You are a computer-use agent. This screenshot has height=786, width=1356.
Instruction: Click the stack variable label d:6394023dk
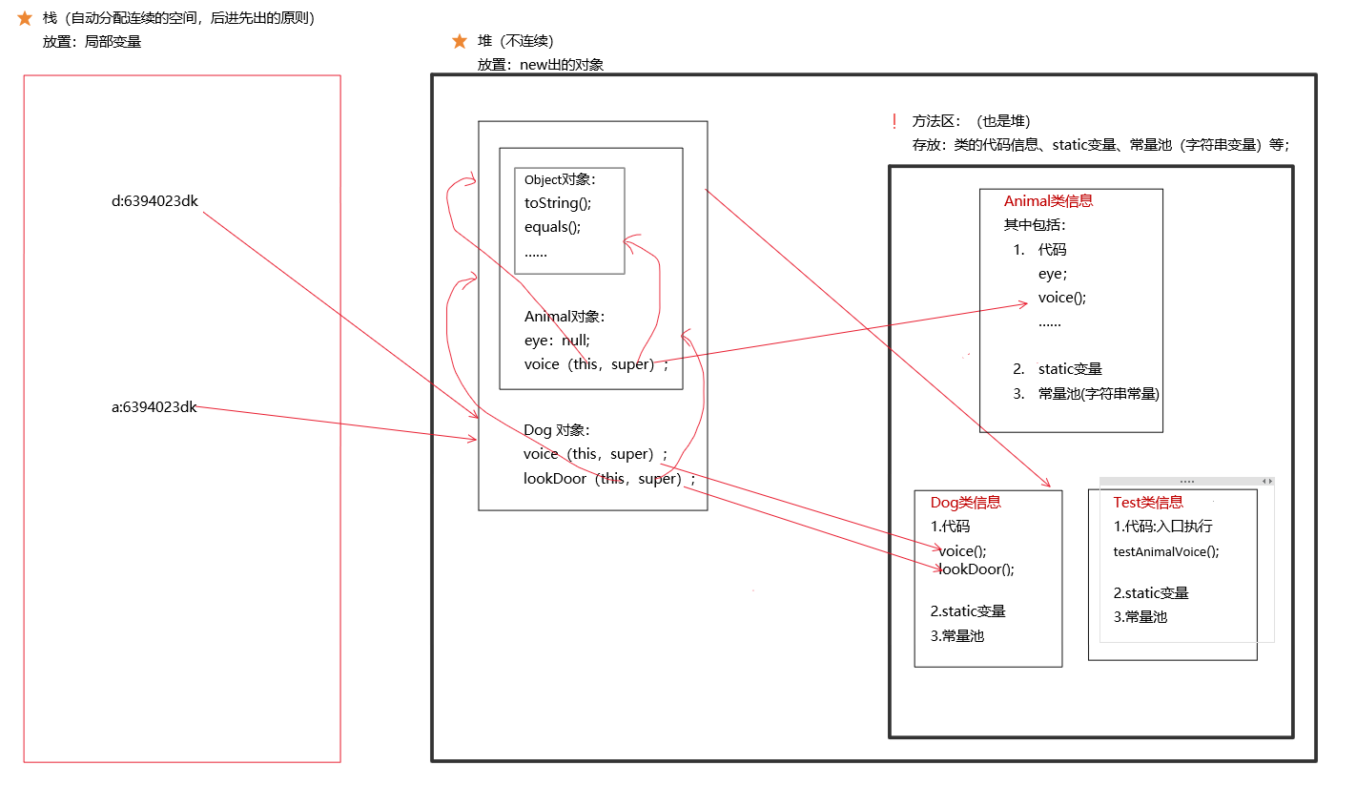pyautogui.click(x=154, y=201)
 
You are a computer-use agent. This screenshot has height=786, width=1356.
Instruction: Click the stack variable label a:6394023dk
pyautogui.click(x=154, y=407)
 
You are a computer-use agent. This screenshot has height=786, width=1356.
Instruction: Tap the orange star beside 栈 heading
pyautogui.click(x=25, y=18)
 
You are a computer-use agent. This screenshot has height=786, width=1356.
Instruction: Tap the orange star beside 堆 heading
pyautogui.click(x=460, y=41)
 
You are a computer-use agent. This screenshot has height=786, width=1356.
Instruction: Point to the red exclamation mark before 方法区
pyautogui.click(x=894, y=121)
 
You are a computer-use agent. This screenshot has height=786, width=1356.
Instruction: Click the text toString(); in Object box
pyautogui.click(x=558, y=202)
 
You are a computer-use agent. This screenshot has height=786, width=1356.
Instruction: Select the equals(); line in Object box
pyautogui.click(x=552, y=227)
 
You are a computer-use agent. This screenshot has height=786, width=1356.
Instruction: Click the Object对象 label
pyautogui.click(x=560, y=179)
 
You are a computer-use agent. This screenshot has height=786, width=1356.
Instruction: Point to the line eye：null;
pyautogui.click(x=557, y=341)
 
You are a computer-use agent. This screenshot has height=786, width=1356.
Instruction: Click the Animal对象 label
pyautogui.click(x=565, y=317)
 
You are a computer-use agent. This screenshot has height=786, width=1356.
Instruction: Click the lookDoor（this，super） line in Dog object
pyautogui.click(x=609, y=479)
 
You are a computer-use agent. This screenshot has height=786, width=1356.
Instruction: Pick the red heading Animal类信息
pyautogui.click(x=1048, y=201)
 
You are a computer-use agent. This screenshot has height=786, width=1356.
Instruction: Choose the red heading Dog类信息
pyautogui.click(x=966, y=503)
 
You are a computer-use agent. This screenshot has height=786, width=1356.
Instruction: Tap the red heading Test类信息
pyautogui.click(x=1148, y=503)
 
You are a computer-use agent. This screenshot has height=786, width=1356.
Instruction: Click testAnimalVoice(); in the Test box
pyautogui.click(x=1166, y=551)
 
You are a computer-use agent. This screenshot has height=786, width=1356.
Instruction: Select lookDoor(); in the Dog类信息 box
pyautogui.click(x=977, y=569)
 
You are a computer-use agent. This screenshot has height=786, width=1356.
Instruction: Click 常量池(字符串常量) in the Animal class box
pyautogui.click(x=1099, y=393)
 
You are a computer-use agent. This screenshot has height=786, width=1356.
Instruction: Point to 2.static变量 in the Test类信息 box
pyautogui.click(x=1151, y=593)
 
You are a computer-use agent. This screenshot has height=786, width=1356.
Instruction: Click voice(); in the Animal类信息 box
pyautogui.click(x=1062, y=297)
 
